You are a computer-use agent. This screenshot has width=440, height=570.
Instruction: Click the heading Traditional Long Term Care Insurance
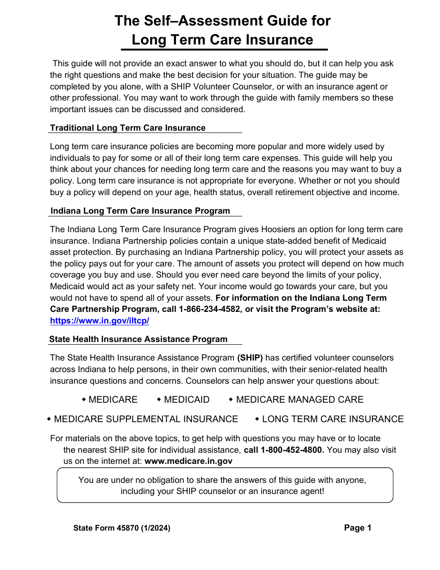[128, 128]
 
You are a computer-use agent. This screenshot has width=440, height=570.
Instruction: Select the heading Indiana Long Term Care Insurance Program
[140, 211]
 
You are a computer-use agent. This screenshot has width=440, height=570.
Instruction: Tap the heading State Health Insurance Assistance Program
[138, 339]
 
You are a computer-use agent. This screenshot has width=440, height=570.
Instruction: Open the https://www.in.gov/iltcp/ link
[100, 321]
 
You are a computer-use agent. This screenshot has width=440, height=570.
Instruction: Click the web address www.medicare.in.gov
[189, 461]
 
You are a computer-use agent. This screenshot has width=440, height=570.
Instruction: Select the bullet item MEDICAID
[187, 399]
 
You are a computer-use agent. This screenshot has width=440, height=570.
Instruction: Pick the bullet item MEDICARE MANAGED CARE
[300, 399]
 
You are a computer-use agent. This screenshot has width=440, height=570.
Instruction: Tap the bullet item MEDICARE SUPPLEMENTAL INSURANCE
[146, 419]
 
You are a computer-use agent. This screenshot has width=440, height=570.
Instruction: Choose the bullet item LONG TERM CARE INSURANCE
[333, 419]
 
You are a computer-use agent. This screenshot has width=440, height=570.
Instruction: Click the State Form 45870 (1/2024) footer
[122, 528]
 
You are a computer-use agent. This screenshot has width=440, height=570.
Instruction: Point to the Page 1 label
[358, 528]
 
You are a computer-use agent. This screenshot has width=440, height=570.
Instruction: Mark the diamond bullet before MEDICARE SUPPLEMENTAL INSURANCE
[49, 419]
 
